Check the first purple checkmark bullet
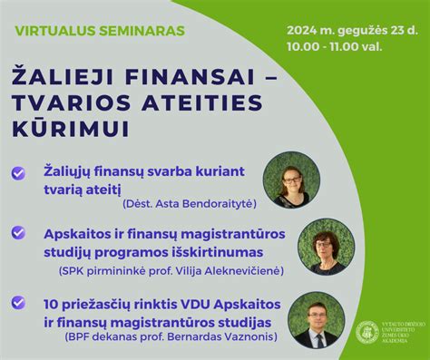[x=19, y=171]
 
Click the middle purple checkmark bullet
[x=19, y=233]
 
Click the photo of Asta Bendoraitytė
[x=290, y=179]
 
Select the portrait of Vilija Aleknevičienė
[x=326, y=246]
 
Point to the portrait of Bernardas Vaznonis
[x=316, y=319]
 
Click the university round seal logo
[x=367, y=333]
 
